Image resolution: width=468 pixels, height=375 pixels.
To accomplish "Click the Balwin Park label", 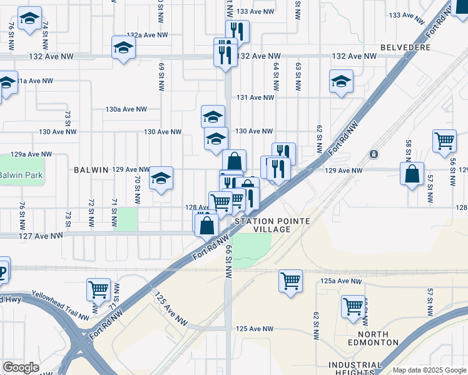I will click(21, 176).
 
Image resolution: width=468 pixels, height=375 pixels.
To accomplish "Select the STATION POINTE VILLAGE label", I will click(262, 226).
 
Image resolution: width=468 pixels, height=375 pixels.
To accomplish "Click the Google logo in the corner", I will click(21, 367).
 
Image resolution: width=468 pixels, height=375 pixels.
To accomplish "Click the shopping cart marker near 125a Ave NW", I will click(291, 281).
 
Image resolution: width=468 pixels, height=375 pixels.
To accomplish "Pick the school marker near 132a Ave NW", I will click(124, 47).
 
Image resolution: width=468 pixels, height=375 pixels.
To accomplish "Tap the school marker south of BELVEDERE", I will click(341, 81).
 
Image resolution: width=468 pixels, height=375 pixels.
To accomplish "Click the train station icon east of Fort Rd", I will click(374, 154).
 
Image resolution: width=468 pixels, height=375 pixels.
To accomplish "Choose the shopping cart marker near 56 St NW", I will click(444, 141).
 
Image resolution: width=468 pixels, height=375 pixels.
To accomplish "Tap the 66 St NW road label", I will click(230, 257).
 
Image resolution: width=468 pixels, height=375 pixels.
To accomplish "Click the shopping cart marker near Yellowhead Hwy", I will click(98, 289).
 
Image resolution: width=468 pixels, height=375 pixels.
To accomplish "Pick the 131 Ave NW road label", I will click(255, 97).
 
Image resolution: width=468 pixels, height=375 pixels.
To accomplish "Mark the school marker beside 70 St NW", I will click(161, 179).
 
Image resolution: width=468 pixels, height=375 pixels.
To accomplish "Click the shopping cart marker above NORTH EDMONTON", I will click(354, 307).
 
